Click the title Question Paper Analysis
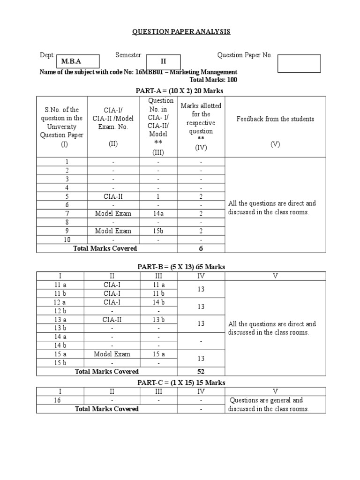181,31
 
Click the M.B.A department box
77,61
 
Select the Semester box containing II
164,61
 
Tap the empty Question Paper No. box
299,64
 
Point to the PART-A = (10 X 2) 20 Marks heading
180,90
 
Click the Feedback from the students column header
275,119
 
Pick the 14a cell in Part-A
158,214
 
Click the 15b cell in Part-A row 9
158,231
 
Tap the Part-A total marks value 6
201,248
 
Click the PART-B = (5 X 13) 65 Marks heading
181,267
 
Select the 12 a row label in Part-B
60,302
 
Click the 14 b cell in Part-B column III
158,302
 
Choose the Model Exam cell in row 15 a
112,354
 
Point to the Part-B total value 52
201,372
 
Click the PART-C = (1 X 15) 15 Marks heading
181,382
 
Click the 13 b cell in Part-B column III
158,320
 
